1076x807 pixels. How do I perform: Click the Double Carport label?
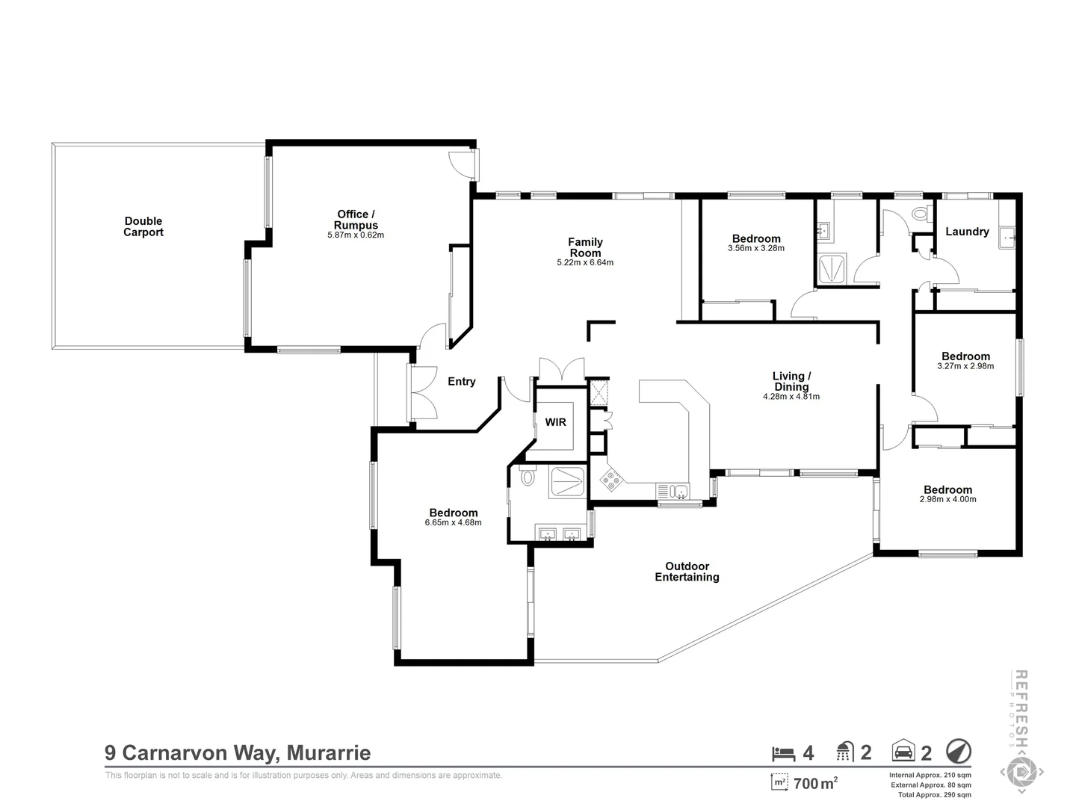143,226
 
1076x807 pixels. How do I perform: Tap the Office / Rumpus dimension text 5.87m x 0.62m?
356,235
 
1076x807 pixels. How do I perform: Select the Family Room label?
585,247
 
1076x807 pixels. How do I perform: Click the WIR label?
555,422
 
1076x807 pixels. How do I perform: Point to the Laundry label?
967,232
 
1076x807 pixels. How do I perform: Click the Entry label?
461,382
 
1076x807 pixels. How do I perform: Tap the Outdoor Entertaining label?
687,572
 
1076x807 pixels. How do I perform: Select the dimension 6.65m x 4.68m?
453,523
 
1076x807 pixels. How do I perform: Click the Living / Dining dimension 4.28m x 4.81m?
791,397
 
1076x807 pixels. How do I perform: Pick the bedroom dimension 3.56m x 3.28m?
755,248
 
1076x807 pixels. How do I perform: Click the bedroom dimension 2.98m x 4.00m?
947,499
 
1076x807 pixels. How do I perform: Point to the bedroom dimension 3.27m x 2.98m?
965,366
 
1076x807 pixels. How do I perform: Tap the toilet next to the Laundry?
921,214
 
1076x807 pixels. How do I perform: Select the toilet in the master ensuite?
528,476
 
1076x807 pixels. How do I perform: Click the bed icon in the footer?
783,752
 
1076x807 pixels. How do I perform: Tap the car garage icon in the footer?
903,752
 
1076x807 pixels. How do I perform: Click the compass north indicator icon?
958,751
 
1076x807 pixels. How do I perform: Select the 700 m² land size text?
814,784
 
